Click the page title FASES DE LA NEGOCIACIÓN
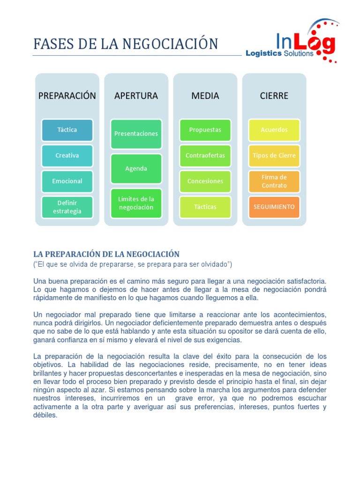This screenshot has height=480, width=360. coord(126,44)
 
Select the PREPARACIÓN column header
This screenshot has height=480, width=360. coord(67,96)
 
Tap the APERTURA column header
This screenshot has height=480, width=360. coord(136,96)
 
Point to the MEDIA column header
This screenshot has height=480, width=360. coord(205,96)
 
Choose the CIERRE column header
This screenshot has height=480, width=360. coord(274,96)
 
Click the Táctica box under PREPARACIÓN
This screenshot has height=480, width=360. coord(67,130)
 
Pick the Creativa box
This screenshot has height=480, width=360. coord(67,156)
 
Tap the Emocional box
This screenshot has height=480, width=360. coord(67,181)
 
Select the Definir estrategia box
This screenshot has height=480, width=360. coord(67,207)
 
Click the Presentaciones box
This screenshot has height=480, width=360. coord(136,134)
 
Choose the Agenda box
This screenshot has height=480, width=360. coord(136,169)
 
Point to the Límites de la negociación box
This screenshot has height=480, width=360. coord(136,203)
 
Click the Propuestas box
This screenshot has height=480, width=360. coord(205,130)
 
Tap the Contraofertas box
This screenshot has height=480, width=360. coord(205,156)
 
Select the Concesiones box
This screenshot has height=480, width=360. coord(205,181)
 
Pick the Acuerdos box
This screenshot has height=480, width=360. coord(274,130)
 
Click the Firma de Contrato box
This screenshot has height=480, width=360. coord(274,181)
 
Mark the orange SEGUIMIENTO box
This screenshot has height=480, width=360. coord(274,207)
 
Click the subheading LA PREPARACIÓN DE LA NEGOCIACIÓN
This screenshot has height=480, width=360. coord(106,254)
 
